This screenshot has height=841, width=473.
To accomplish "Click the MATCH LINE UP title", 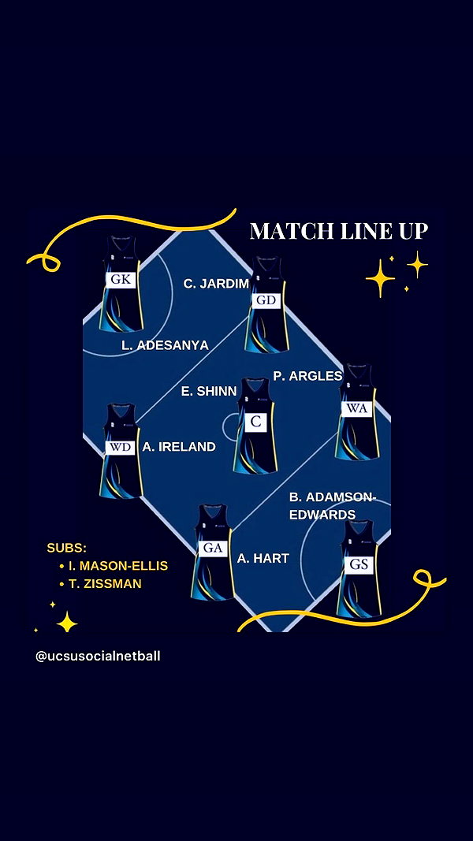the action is coord(339,231).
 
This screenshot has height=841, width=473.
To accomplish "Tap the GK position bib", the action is coord(121,280).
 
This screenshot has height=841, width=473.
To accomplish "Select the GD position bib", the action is coord(266,300).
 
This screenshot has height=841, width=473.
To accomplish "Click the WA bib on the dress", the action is coord(356,409).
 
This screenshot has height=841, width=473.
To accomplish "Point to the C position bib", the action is coord(255,422).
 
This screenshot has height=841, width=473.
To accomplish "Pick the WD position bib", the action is coord(120,448).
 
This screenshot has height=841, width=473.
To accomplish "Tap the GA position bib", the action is coord(213,548).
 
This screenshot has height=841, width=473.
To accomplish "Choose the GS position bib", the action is coord(358,565).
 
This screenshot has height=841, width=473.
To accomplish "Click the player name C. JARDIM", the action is coord(217,284).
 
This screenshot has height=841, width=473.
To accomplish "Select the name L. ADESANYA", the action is coord(166,345).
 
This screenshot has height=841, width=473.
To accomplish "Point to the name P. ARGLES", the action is coord(307,377).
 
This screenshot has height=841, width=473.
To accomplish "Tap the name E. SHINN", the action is coord(209,392).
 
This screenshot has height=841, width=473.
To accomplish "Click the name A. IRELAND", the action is coord(179,447).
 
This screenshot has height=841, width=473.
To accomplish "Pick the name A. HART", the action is coord(263,558).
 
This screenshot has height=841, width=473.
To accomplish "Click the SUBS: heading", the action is coord(67,548).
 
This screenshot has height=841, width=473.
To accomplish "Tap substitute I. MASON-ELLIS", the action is coord(114,566).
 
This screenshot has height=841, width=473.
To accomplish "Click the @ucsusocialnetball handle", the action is coord(98,656).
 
